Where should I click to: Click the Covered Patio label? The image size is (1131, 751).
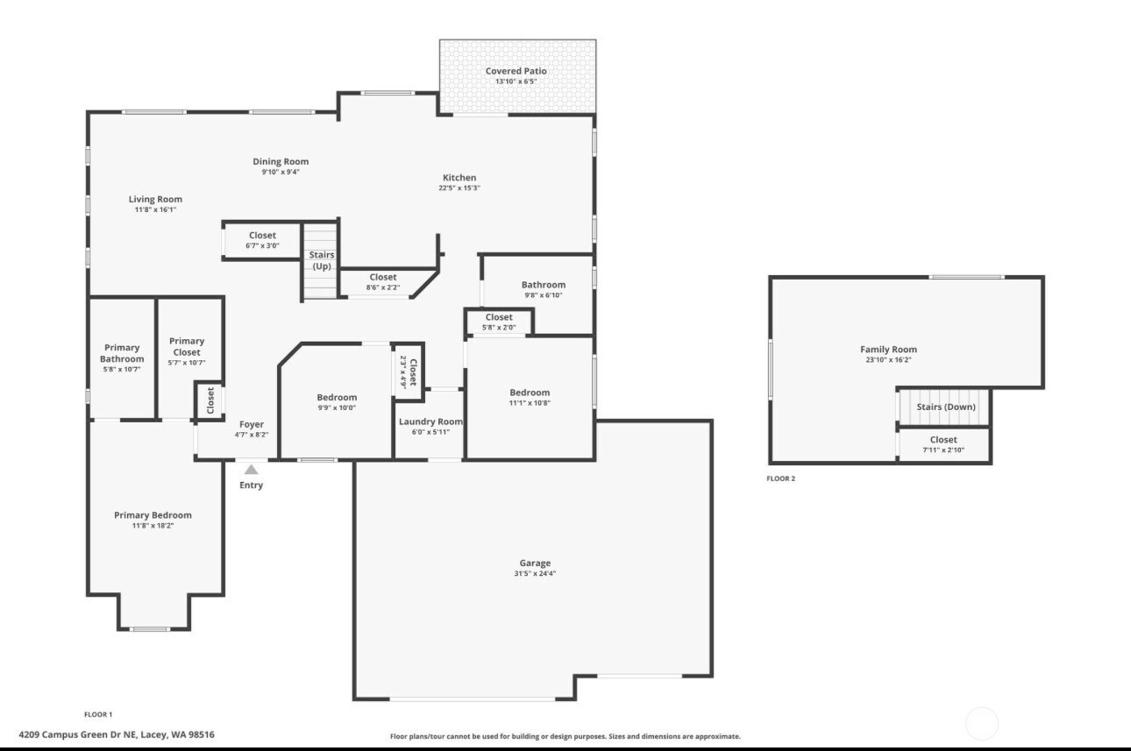[x=516, y=71]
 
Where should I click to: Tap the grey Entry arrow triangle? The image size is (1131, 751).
[x=251, y=470]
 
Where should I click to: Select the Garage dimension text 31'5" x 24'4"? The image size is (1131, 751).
[x=535, y=574]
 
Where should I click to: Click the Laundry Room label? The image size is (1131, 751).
[x=430, y=422]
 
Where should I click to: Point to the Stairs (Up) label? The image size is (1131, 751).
[x=322, y=260]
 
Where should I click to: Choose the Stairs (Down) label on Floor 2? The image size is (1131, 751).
[x=946, y=407]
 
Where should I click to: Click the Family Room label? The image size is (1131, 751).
[x=888, y=350]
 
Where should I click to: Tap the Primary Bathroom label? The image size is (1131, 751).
[x=122, y=353]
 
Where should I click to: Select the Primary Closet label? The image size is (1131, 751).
[x=187, y=346]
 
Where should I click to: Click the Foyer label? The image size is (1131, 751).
[x=252, y=424]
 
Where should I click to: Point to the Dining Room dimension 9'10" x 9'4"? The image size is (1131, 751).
[x=281, y=173]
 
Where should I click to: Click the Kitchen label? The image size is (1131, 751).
[x=459, y=178]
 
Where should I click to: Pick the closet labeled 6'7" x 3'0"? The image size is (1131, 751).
[x=262, y=240]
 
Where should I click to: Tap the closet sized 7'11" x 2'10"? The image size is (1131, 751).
[x=943, y=444]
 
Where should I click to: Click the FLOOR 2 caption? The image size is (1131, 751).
[x=780, y=478]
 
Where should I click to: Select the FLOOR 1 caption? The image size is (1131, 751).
[x=98, y=714]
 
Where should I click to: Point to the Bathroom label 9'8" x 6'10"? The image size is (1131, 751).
[x=544, y=289]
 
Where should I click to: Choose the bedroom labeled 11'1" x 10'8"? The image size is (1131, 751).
[x=530, y=397]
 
